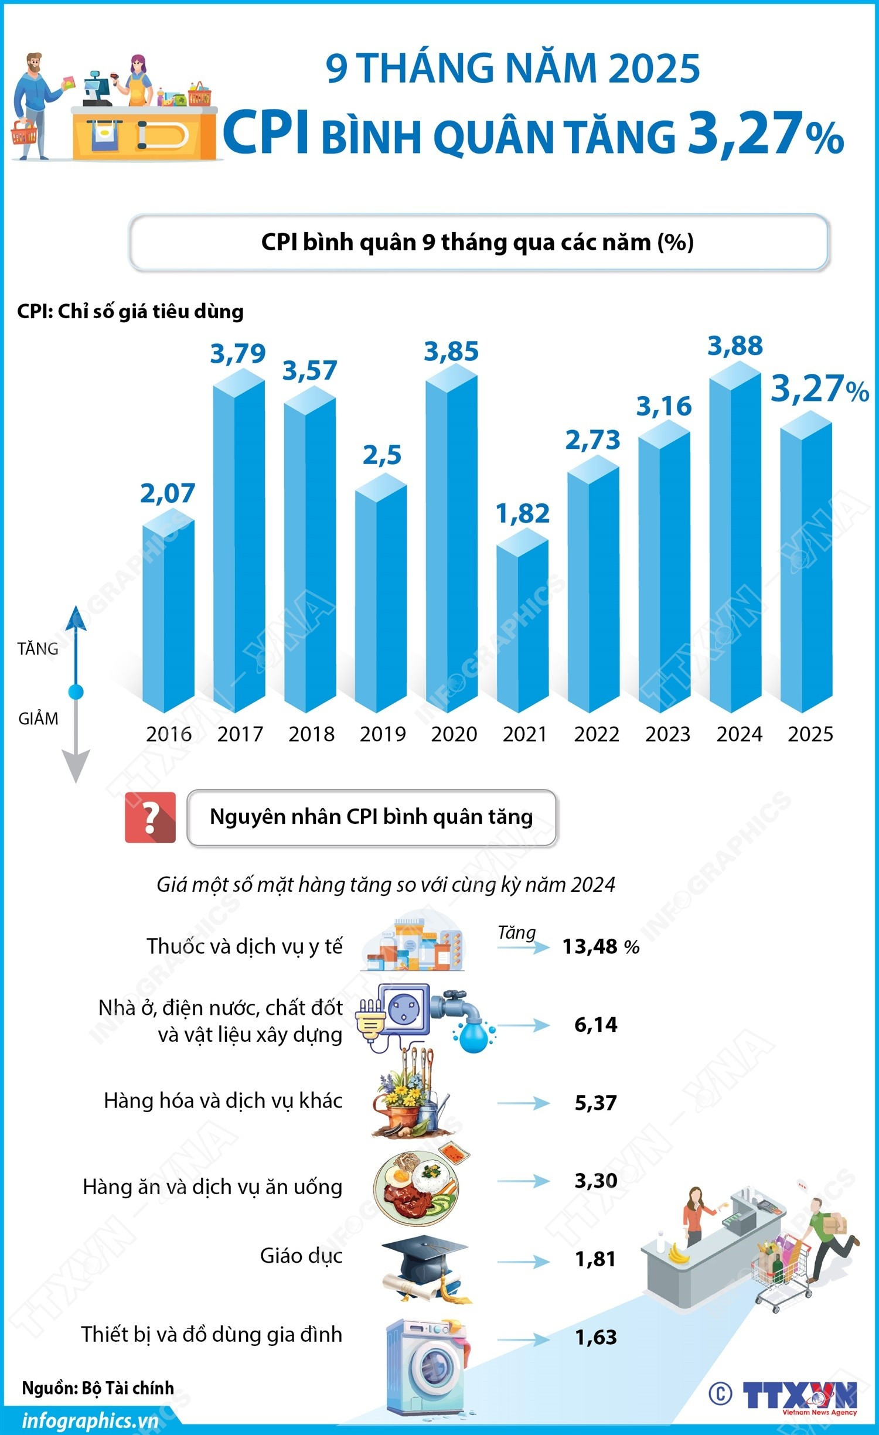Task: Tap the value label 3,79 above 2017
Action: click(238, 354)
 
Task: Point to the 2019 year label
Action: click(383, 734)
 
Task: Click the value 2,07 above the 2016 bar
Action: click(168, 493)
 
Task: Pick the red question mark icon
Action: click(150, 817)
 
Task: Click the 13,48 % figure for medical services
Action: click(600, 946)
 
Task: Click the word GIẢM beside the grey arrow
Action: click(38, 719)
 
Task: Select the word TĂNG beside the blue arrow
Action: click(38, 649)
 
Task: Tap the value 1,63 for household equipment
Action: click(595, 1337)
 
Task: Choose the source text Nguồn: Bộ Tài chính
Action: click(98, 1388)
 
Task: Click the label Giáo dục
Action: click(301, 1255)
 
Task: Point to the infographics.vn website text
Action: click(90, 1421)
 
